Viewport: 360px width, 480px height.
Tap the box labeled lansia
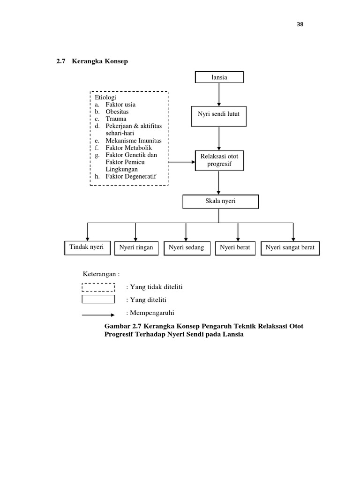(219, 77)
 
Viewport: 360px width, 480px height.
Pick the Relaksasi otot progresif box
(218, 160)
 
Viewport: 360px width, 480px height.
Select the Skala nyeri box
(220, 202)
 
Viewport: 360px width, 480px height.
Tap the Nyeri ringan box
(136, 248)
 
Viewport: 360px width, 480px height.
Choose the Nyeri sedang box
(186, 248)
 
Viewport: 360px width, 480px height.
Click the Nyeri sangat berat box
(290, 248)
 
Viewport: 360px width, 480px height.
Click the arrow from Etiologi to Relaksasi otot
(181, 162)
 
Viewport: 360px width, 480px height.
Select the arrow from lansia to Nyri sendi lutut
(219, 95)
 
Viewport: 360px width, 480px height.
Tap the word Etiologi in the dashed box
(105, 97)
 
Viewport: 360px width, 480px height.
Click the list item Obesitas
(117, 112)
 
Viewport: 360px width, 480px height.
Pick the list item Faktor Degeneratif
(130, 176)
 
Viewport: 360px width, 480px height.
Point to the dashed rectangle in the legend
(98, 287)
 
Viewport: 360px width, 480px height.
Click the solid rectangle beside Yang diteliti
(98, 299)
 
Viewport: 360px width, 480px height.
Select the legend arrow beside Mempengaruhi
(98, 315)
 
